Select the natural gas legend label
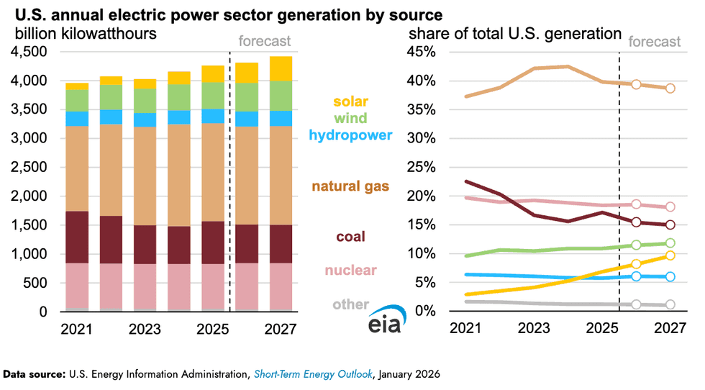[350, 186]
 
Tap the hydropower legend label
[350, 135]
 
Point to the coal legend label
[351, 236]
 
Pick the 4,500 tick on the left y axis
[29, 52]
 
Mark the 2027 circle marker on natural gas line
[670, 89]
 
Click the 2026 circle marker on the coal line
[636, 222]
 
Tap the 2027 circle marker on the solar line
[670, 255]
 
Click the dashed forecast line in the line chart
[619, 180]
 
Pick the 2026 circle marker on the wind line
[636, 245]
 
